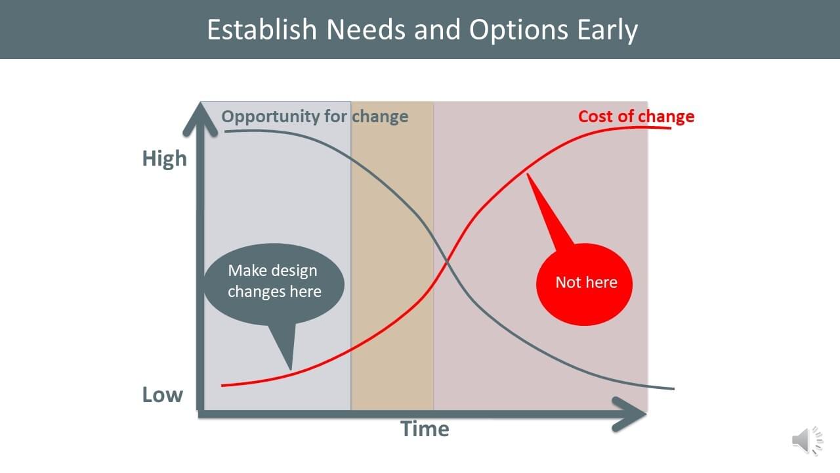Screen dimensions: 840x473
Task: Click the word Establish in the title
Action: pyautogui.click(x=262, y=30)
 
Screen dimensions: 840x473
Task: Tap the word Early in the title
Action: pyautogui.click(x=607, y=31)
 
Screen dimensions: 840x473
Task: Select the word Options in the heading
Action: pyautogui.click(x=518, y=31)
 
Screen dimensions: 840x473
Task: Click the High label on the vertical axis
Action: pyautogui.click(x=164, y=159)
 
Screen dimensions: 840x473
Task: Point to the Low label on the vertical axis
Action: pyautogui.click(x=162, y=395)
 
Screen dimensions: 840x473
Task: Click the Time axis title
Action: pyautogui.click(x=425, y=429)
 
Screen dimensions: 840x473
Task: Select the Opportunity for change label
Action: pyautogui.click(x=314, y=117)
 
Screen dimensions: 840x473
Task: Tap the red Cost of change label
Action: pyautogui.click(x=636, y=117)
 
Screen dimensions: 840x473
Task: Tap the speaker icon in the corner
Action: pyautogui.click(x=807, y=441)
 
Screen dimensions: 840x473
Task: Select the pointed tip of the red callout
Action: pyautogui.click(x=527, y=173)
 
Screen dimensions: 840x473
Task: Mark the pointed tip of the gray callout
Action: pyautogui.click(x=291, y=370)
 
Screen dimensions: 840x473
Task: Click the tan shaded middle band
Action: pyautogui.click(x=392, y=256)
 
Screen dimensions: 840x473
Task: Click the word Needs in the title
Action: pyautogui.click(x=366, y=30)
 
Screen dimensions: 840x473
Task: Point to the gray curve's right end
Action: pyautogui.click(x=674, y=389)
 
